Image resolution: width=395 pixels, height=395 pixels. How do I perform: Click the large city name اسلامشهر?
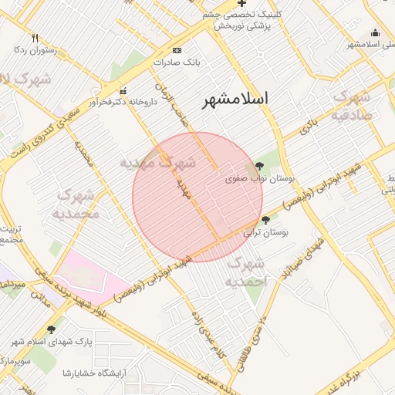pyautogui.click(x=236, y=100)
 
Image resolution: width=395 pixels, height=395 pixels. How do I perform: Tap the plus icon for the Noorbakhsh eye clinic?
pyautogui.click(x=241, y=5)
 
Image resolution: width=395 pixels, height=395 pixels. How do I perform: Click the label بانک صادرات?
pyautogui.click(x=177, y=60)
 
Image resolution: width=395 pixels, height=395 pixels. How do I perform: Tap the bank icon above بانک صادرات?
pyautogui.click(x=178, y=48)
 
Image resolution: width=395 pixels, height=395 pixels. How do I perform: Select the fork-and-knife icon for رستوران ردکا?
pyautogui.click(x=35, y=38)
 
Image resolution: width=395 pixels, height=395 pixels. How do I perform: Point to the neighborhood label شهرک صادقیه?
pyautogui.click(x=353, y=106)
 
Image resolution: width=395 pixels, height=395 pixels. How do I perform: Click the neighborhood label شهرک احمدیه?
pyautogui.click(x=247, y=272)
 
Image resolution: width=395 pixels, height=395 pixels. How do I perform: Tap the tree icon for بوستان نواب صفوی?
pyautogui.click(x=258, y=165)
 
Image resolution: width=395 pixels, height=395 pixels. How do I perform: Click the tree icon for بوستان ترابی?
pyautogui.click(x=265, y=220)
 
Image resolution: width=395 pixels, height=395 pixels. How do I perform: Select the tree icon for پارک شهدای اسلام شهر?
pyautogui.click(x=51, y=329)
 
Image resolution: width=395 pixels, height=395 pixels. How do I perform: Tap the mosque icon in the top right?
pyautogui.click(x=375, y=32)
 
